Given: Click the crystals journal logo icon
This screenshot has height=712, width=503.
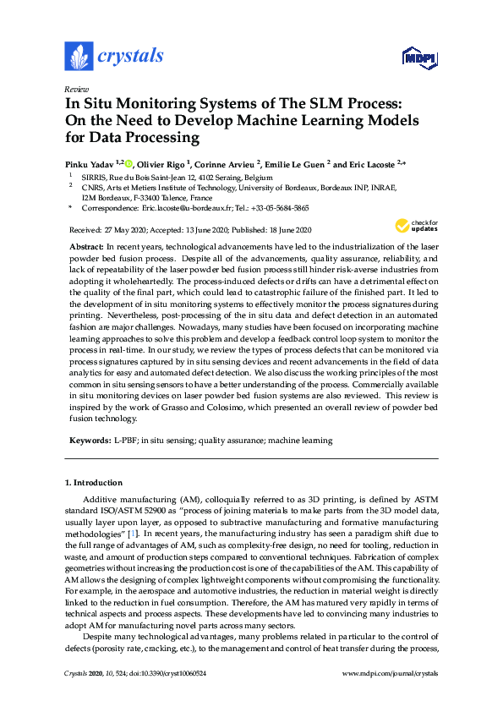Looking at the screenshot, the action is click(x=79, y=57).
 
